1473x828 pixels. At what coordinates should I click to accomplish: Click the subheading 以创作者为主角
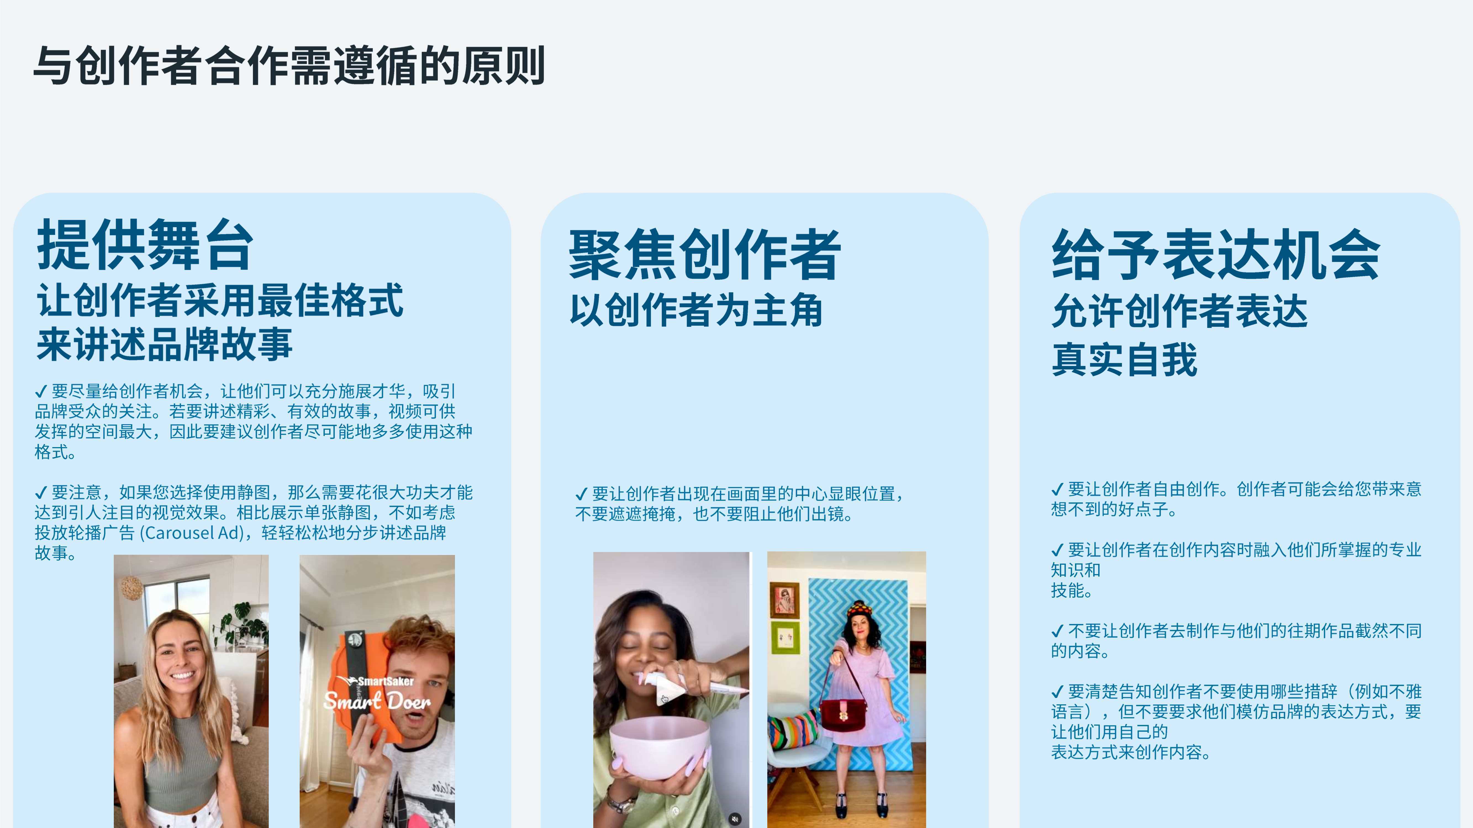pyautogui.click(x=696, y=310)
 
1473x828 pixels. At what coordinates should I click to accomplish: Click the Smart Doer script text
pyautogui.click(x=377, y=700)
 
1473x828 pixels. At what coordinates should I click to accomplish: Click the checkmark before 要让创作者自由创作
pyautogui.click(x=1057, y=490)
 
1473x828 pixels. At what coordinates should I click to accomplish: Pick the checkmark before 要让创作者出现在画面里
pyautogui.click(x=581, y=494)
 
